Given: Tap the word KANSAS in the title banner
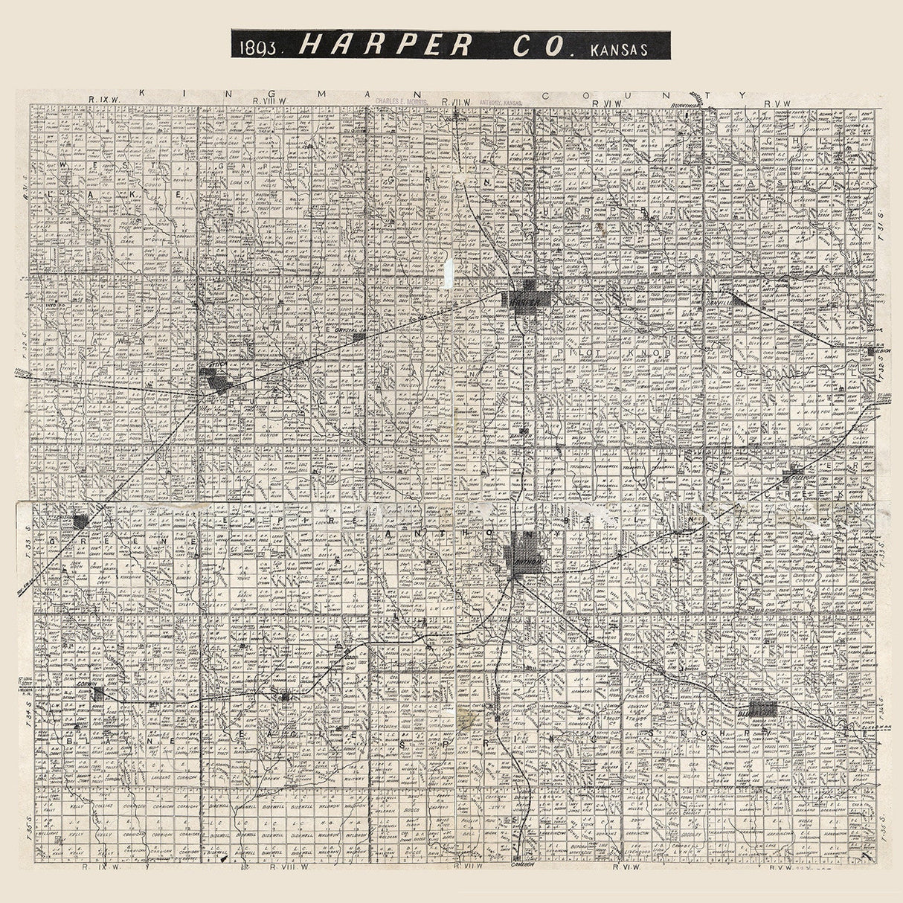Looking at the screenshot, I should [617, 49].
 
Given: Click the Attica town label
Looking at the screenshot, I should [213, 367].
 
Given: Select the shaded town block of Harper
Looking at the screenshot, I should [530, 298].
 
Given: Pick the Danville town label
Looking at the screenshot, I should [720, 303].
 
